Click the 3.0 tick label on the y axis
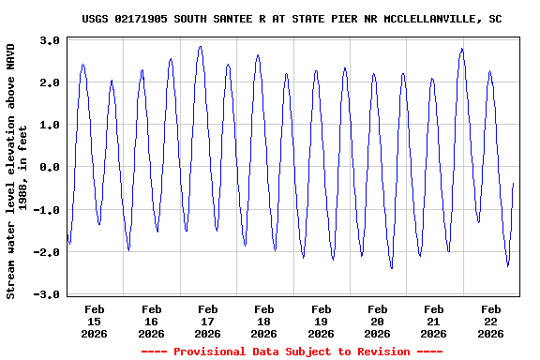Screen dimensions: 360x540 click(51, 40)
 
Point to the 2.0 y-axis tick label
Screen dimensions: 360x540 click(51, 82)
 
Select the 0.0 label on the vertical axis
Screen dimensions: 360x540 click(51, 167)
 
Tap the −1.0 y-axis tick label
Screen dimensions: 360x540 click(48, 210)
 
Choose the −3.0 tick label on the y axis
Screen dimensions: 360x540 click(48, 294)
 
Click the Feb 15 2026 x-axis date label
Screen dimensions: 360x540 click(95, 320)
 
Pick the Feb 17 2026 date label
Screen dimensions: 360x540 click(208, 320)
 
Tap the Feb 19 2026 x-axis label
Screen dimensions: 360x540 click(321, 320)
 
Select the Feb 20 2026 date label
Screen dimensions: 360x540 click(377, 320)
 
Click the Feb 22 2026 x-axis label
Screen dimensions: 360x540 click(490, 320)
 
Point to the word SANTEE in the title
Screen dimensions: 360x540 click(232, 18)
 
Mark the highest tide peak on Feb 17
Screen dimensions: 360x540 click(200, 46)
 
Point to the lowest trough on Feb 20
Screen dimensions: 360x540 click(392, 269)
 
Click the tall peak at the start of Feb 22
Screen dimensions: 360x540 click(462, 49)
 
